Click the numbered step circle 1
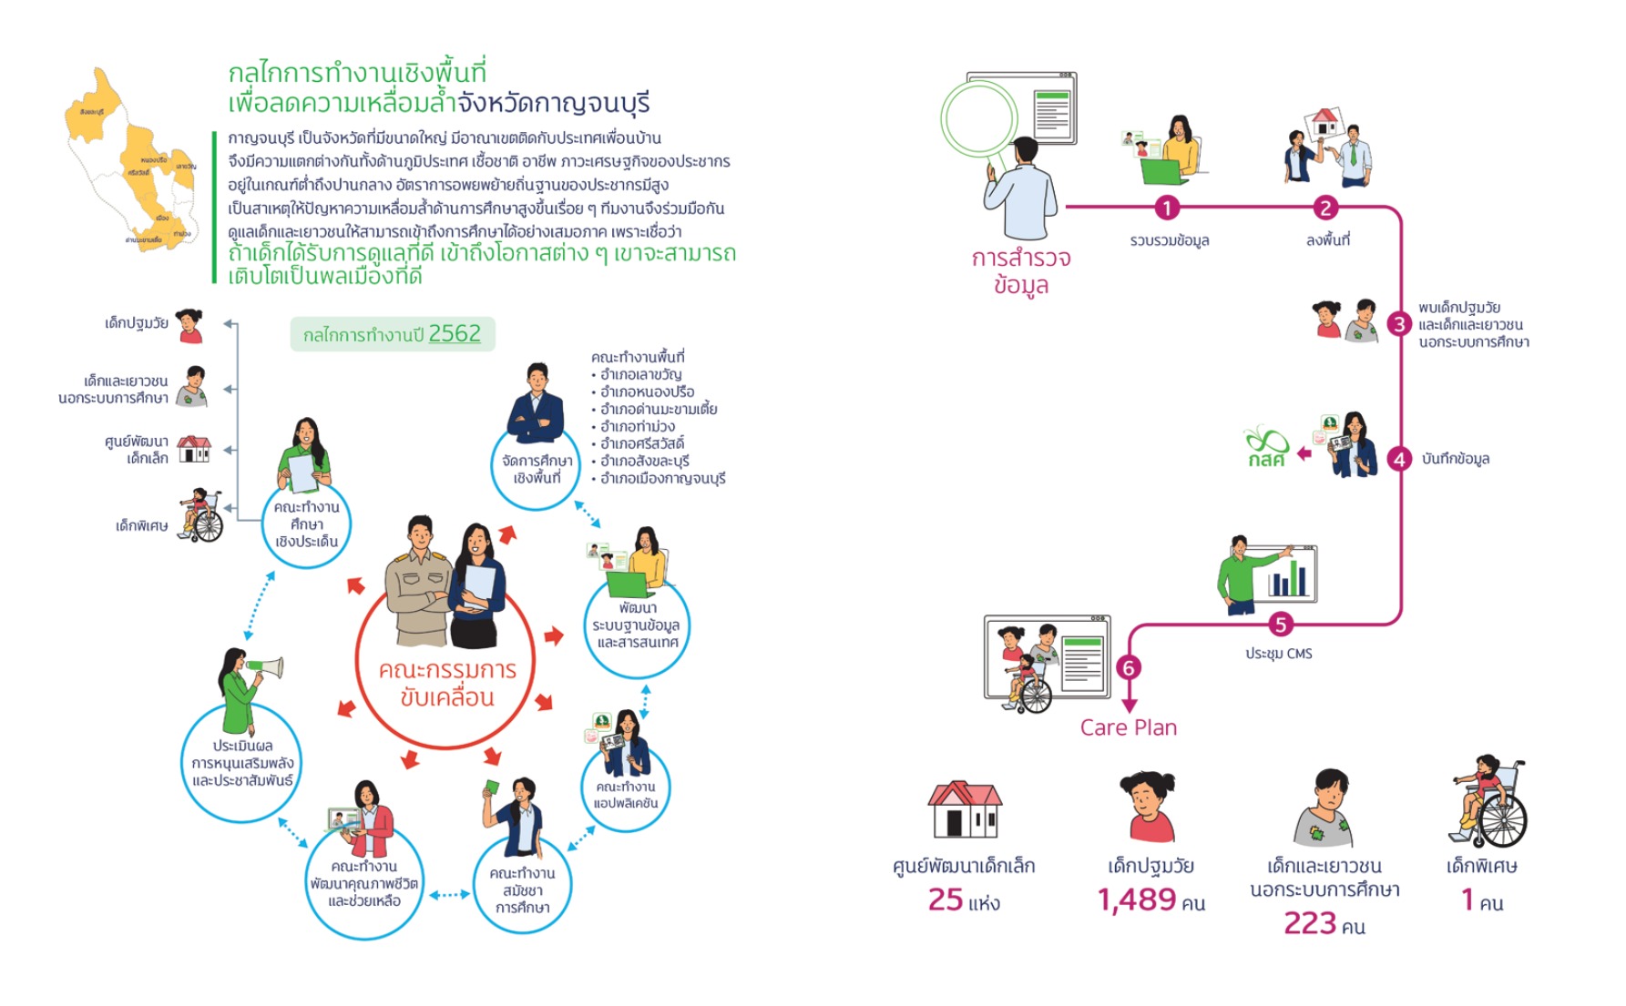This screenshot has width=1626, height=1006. pos(1167,208)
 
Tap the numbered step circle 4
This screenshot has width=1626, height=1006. pos(1400,460)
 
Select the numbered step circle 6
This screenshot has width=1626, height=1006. pos(1129,668)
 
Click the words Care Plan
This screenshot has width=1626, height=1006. pos(1128,727)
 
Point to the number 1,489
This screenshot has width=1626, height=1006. pos(1137,900)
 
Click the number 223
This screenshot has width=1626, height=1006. pos(1310,924)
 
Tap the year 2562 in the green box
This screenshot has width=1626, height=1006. pos(455,334)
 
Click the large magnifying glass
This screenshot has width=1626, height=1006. pos(979,119)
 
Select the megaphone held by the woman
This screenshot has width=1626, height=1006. pos(264,669)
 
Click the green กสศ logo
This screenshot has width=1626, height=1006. pos(1267,447)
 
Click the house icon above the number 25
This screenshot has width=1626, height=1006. pos(965,809)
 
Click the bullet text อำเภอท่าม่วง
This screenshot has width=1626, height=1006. pos(638,426)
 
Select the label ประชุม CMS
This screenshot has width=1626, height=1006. pos(1279,654)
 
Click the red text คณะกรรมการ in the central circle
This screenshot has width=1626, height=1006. pos(447,670)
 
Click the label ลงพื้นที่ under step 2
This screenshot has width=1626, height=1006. pos(1327,240)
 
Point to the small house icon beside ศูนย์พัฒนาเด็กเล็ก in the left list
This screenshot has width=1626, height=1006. pos(194,449)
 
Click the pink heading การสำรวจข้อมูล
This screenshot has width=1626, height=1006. pos(1021,271)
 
